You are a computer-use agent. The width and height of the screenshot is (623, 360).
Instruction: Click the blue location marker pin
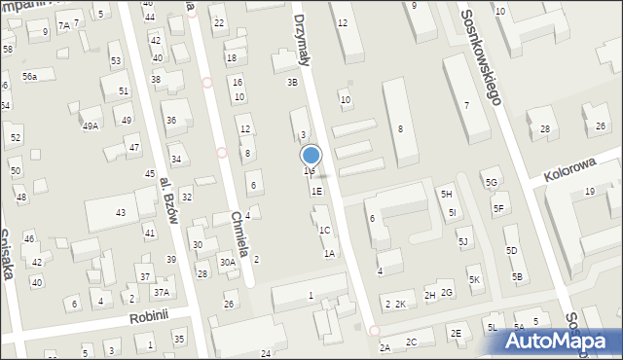(311, 155)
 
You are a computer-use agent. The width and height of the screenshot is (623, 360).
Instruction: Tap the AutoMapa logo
(558, 342)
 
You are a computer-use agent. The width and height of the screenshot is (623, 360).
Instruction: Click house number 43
(121, 212)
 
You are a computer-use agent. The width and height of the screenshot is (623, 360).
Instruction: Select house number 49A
(90, 126)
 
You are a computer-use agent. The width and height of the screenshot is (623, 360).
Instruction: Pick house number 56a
(30, 76)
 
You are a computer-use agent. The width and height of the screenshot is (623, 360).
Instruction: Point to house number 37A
(161, 292)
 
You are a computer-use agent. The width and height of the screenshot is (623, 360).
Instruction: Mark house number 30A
(227, 262)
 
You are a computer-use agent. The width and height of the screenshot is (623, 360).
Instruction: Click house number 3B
(291, 82)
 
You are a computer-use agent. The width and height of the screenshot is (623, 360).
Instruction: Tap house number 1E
(316, 192)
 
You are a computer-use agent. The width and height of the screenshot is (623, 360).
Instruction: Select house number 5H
(446, 195)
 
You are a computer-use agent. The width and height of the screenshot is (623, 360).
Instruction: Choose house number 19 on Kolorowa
(589, 192)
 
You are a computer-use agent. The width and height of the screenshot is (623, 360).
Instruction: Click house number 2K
(400, 305)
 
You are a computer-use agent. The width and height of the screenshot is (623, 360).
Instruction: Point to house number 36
(171, 120)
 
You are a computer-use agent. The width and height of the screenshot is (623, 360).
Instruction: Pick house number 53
(116, 61)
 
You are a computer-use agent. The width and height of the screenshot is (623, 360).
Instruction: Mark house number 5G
(492, 182)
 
